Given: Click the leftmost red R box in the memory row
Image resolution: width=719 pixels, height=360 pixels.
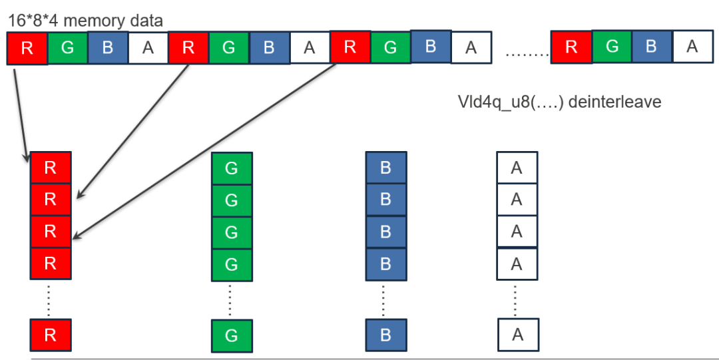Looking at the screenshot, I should coord(27,49).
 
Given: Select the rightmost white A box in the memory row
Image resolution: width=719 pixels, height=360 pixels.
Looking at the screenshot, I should coord(692,46).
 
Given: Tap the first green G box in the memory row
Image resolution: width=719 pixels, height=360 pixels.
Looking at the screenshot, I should coord(67,49).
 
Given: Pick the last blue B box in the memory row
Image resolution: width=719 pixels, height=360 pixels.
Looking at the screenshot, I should coord(652,46).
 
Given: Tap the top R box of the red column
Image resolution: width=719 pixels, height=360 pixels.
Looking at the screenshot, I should coord(50,168).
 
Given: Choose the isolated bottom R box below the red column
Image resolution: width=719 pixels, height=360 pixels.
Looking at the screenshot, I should coord(50,335).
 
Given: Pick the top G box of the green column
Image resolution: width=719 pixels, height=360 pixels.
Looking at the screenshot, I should coord(231,168).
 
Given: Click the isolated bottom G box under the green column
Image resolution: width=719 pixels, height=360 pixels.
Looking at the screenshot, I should coord(231,335).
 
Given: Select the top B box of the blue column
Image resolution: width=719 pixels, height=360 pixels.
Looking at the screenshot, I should coord(385,168).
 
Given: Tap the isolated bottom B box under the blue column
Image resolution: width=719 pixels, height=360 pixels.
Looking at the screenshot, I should coord(385,335).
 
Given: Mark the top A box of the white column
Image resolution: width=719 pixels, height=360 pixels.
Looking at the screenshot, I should coord(517,168).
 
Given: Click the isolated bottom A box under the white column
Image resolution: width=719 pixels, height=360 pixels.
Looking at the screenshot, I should coord(517,335).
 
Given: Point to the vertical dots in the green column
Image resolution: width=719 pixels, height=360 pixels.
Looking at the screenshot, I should coord(230,300).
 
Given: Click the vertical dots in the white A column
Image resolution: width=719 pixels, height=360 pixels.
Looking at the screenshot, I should coord(517,300).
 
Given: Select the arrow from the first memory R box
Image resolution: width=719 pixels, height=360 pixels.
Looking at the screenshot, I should coord(20,113).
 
